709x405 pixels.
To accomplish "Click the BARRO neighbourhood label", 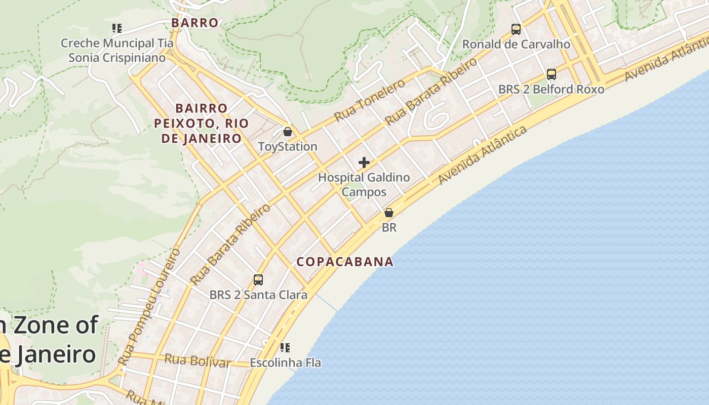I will pos(194,23).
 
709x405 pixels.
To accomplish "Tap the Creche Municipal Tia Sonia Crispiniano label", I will pos(117,51).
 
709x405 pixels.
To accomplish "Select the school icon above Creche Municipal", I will pos(117,28).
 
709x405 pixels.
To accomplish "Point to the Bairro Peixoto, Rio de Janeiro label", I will pos(201,123).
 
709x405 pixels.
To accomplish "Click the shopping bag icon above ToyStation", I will pos(288,132).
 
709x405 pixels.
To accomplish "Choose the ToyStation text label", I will pos(288,147).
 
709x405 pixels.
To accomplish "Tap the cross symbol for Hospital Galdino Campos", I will pos(364,163).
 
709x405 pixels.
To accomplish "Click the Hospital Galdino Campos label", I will pos(364,185).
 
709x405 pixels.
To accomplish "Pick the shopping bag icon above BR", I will pos(389,213).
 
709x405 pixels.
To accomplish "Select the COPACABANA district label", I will pos(345,262).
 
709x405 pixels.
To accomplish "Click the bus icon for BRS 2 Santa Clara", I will pos(258,279).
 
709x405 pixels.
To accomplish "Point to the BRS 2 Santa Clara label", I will pos(258,295).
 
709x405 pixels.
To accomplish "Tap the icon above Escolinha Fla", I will pos(285,347).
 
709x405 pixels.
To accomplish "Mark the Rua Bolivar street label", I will pos(198,361).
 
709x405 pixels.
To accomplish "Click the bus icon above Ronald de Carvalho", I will pos(516,29).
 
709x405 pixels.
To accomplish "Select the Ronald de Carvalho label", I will pos(516,45).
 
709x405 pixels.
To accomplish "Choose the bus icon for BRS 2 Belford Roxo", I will pos(552,74).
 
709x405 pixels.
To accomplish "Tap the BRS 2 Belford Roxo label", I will pos(552,90).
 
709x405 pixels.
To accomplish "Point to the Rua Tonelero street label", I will pos(370,100).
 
